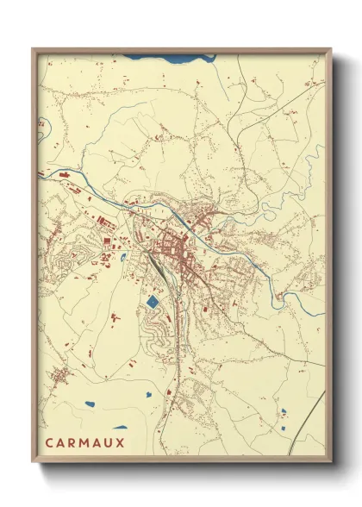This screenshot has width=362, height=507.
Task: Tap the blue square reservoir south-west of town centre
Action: pos(153,302)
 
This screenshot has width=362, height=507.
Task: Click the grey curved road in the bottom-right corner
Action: pos(315,414)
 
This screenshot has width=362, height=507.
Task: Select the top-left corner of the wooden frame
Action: pos(34,50)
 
